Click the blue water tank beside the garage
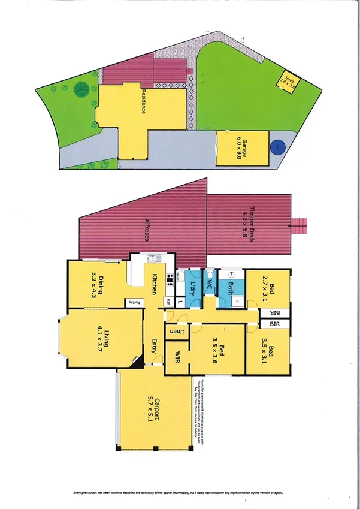click(x=277, y=147)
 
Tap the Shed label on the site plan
click(x=289, y=80)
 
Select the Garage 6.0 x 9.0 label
click(x=241, y=148)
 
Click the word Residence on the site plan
click(x=143, y=102)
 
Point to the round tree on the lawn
click(x=80, y=90)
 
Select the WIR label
click(x=177, y=357)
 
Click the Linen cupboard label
click(x=178, y=331)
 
